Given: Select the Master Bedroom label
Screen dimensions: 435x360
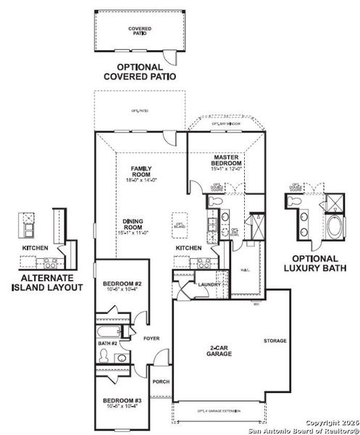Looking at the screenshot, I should [x=226, y=162].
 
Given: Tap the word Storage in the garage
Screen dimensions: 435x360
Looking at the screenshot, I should [x=275, y=341].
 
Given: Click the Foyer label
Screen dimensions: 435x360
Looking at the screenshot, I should [x=151, y=339].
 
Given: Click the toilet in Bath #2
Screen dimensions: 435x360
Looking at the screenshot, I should [x=104, y=356].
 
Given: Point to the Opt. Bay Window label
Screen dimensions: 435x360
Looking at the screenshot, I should [x=226, y=125].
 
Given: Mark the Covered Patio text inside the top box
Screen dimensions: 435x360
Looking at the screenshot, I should [x=140, y=30].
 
